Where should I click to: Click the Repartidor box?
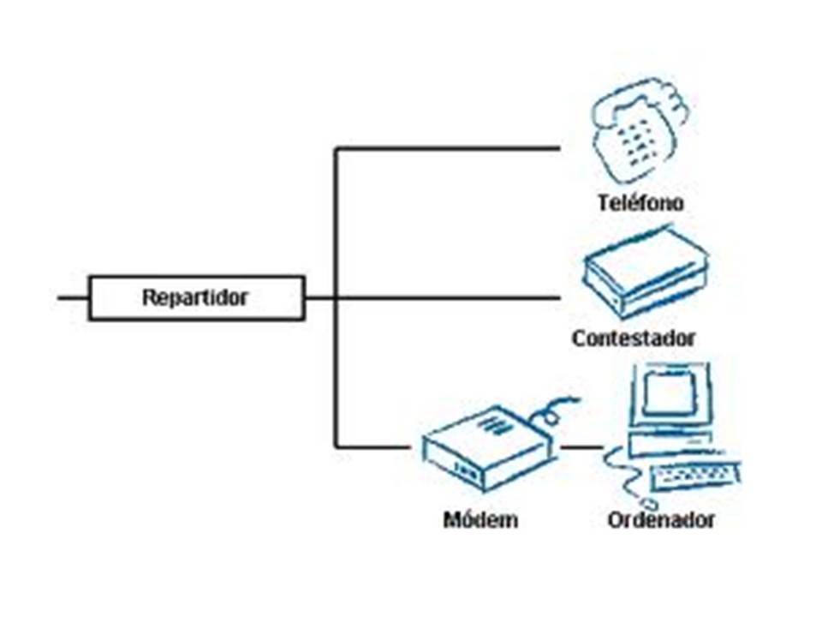point(196,298)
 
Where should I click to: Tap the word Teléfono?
point(640,203)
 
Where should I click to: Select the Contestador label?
point(634,338)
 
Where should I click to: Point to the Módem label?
point(480,519)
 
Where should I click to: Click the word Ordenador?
point(660,519)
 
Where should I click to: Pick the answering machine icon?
point(646,273)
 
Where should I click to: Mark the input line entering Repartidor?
point(73,298)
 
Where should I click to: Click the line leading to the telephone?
point(445,148)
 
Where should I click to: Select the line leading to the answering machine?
point(445,298)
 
